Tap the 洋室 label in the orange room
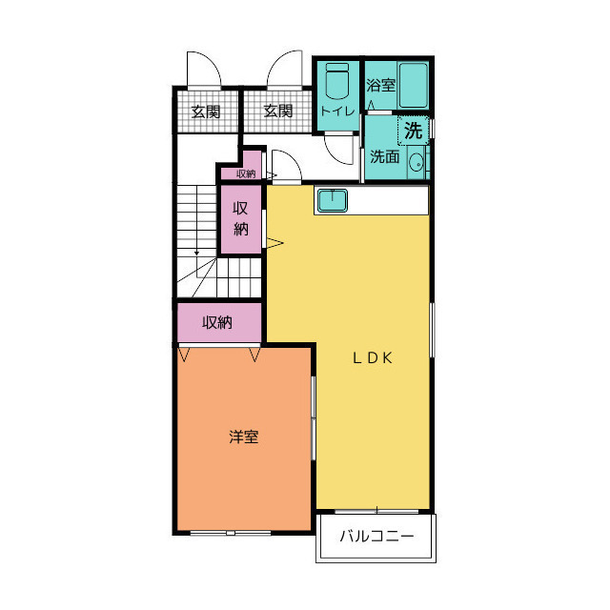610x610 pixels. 244,437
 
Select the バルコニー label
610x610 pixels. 378,537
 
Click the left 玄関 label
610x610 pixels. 205,112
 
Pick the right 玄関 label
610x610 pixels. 277,112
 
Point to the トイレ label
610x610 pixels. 337,112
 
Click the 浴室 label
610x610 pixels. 381,85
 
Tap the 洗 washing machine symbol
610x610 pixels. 413,131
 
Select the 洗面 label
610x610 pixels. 385,156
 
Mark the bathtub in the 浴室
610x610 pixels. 415,86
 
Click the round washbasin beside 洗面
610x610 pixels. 417,164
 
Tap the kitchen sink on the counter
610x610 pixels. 332,200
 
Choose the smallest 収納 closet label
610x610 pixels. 246,173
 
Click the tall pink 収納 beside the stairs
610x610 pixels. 241,218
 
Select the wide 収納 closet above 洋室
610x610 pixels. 217,322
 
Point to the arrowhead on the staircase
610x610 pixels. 197,253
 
